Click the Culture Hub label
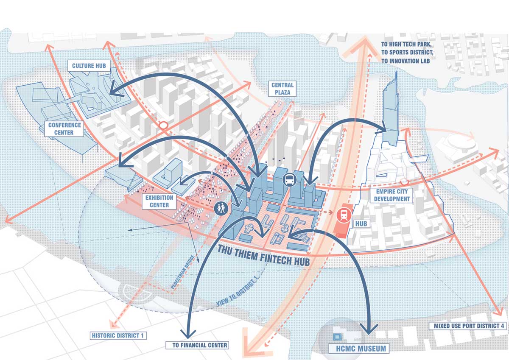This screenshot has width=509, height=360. pyautogui.click(x=89, y=66)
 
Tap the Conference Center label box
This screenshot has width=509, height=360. pyautogui.click(x=64, y=129)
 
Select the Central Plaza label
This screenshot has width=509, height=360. pyautogui.click(x=282, y=89)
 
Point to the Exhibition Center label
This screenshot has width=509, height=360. pyautogui.click(x=159, y=201)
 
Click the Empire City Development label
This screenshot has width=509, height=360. pyautogui.click(x=392, y=195)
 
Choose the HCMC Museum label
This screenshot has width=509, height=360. pyautogui.click(x=361, y=349)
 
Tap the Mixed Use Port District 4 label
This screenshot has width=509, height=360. pyautogui.click(x=469, y=326)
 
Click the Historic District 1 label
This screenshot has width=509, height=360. pyautogui.click(x=118, y=335)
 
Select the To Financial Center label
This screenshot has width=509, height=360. pyautogui.click(x=197, y=345)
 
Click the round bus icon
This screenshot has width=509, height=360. pyautogui.click(x=289, y=180)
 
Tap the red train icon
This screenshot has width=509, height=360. pyautogui.click(x=344, y=215)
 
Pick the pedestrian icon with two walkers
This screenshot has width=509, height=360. pyautogui.click(x=221, y=208)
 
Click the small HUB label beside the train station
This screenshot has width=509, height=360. pyautogui.click(x=361, y=224)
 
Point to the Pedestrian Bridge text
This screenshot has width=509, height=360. pyautogui.click(x=183, y=272)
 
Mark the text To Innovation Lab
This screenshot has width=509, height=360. pyautogui.click(x=406, y=61)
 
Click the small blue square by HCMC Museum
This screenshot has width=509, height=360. pyautogui.click(x=337, y=337)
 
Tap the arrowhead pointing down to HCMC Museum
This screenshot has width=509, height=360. pyautogui.click(x=369, y=329)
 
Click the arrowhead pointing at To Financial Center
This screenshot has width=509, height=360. pyautogui.click(x=187, y=333)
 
